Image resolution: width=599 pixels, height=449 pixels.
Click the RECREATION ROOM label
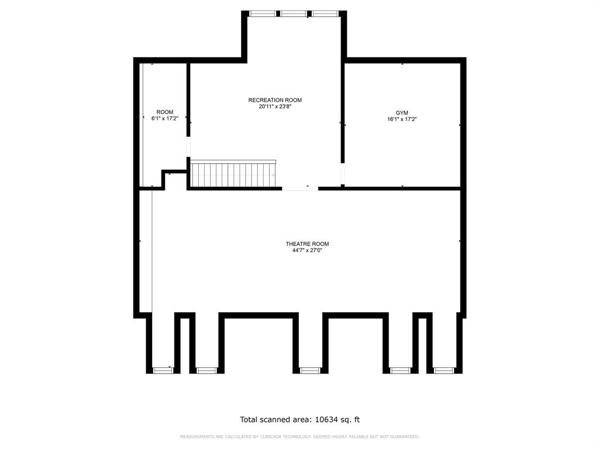[x=275, y=100]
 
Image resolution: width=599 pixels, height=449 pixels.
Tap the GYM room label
[x=402, y=112]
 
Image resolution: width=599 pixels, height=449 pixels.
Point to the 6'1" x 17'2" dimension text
[x=164, y=119]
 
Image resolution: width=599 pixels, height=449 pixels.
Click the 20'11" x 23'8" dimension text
[x=275, y=107]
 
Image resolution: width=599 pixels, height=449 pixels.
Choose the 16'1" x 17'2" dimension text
[x=402, y=119]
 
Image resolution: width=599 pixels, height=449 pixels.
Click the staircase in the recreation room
[x=233, y=174]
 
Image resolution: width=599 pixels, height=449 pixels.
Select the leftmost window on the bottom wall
[x=163, y=370]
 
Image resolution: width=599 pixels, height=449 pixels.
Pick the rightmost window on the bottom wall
[x=445, y=370]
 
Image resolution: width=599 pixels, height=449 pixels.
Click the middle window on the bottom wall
[x=309, y=370]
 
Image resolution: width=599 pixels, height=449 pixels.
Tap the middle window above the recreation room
[x=293, y=13]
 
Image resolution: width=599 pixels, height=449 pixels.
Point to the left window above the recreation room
[x=261, y=13]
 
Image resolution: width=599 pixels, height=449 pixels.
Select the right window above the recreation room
[x=325, y=13]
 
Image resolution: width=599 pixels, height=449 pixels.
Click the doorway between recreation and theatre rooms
[x=300, y=188]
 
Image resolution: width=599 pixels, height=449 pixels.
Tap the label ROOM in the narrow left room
[x=164, y=112]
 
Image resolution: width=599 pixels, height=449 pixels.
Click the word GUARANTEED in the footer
[x=402, y=437]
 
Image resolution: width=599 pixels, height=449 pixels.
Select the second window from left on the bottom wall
[x=206, y=370]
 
